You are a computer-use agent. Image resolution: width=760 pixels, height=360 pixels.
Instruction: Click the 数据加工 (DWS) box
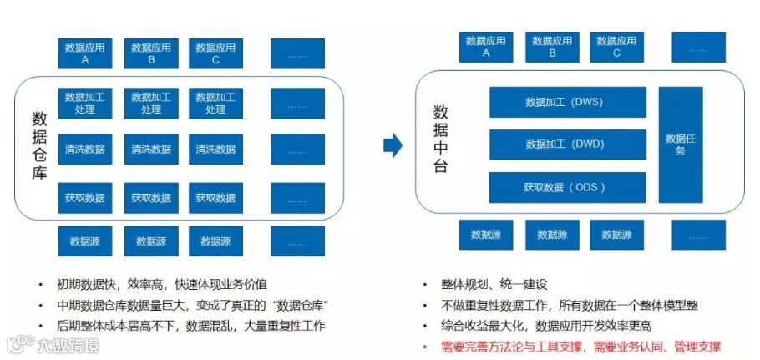point(567,102)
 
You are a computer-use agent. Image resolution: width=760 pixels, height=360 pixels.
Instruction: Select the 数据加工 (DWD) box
point(567,144)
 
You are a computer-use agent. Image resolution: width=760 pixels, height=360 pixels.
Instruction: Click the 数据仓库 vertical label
point(39,145)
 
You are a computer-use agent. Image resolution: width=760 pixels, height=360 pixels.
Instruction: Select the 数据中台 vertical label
point(441,139)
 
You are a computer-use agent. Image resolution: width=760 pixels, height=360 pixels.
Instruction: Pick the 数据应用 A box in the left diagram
point(85,54)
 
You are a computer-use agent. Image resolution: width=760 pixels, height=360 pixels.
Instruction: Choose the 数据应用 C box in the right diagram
point(617,47)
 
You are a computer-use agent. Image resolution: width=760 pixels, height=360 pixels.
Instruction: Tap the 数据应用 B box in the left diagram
point(151,54)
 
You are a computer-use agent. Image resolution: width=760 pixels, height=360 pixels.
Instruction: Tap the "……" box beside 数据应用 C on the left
point(297,54)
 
